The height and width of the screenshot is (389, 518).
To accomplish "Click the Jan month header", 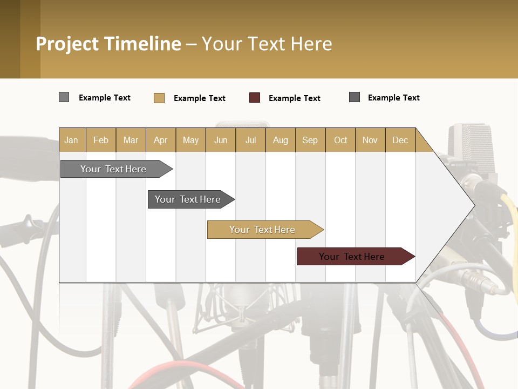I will [x=71, y=140].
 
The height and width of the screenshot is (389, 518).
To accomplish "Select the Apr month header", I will [x=160, y=140].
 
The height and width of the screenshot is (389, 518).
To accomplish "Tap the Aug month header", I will [x=280, y=140].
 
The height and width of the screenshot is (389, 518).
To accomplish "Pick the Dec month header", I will [x=400, y=140].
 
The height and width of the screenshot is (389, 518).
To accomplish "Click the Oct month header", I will [x=340, y=140].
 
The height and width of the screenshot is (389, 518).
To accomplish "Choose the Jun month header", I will [x=220, y=140].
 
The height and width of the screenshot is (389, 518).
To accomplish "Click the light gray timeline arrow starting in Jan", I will [x=113, y=169].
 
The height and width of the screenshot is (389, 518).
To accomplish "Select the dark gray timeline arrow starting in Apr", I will [x=188, y=199].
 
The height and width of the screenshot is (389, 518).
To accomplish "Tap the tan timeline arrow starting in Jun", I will [x=262, y=230].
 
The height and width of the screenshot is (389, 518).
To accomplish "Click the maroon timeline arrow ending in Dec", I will [x=352, y=257].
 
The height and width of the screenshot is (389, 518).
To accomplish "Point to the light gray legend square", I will [x=64, y=97].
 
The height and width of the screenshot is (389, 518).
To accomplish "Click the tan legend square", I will [x=159, y=98].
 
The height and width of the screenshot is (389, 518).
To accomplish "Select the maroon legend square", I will [x=254, y=98].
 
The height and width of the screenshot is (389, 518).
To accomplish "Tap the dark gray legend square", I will [x=354, y=97].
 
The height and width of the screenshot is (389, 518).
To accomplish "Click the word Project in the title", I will [x=67, y=44].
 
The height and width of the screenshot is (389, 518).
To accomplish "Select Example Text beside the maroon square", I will [x=294, y=98].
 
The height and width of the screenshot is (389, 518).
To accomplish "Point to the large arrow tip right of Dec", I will [x=459, y=204].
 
